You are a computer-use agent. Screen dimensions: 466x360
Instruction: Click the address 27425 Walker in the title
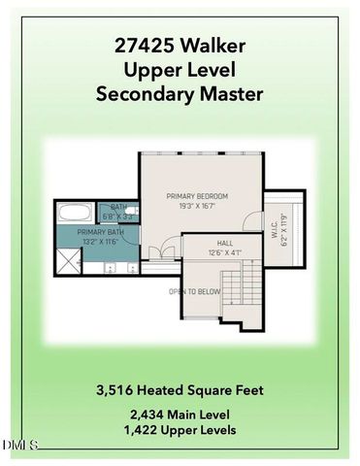[180, 45]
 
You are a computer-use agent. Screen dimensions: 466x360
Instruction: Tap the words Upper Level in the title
[180, 69]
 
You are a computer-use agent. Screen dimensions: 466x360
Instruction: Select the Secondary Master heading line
[180, 94]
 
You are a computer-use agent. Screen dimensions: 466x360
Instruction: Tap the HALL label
[224, 244]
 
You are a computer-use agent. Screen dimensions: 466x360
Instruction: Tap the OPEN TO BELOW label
[194, 291]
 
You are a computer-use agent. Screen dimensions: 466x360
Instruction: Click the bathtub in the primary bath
[75, 212]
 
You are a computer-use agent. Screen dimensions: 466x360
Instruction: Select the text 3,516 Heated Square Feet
[180, 390]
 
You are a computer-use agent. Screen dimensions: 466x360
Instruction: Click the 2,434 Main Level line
[180, 414]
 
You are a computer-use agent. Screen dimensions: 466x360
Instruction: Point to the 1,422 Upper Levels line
[180, 429]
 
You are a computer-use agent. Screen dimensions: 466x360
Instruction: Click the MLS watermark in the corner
[19, 446]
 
